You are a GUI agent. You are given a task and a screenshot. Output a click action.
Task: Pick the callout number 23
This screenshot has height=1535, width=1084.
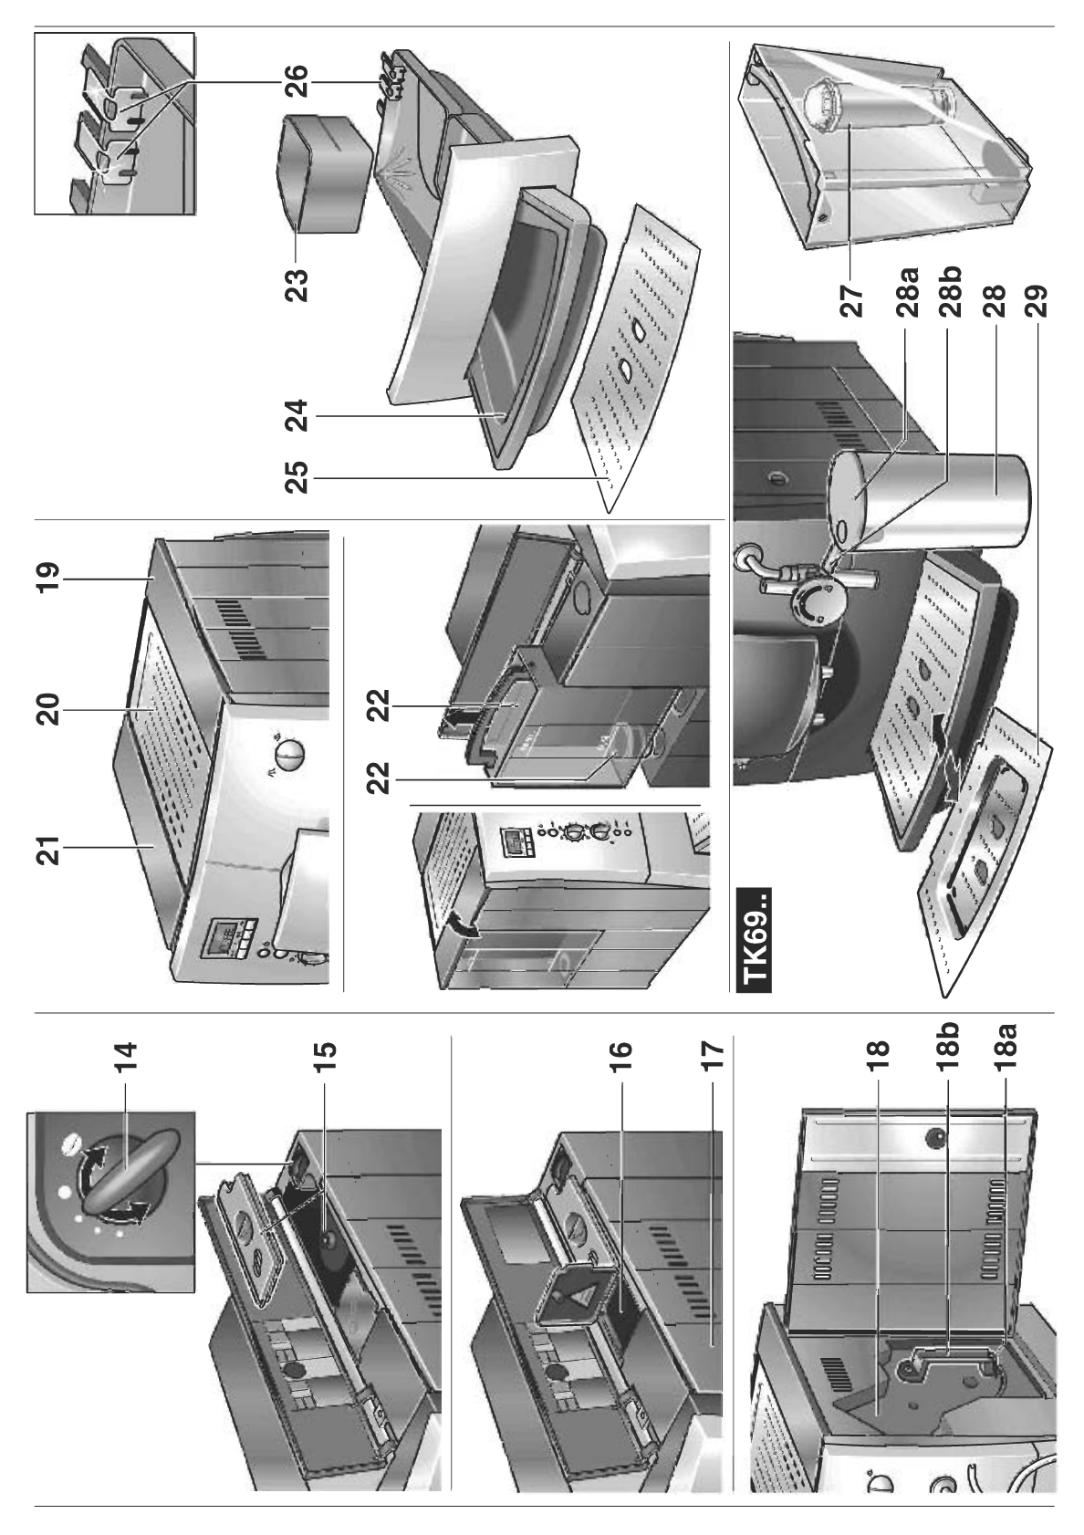pos(297,284)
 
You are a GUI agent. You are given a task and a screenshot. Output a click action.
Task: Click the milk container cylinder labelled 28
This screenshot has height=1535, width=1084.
pos(990,502)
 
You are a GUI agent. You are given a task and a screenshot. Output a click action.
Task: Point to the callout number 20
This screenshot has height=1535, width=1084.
pos(47,709)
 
